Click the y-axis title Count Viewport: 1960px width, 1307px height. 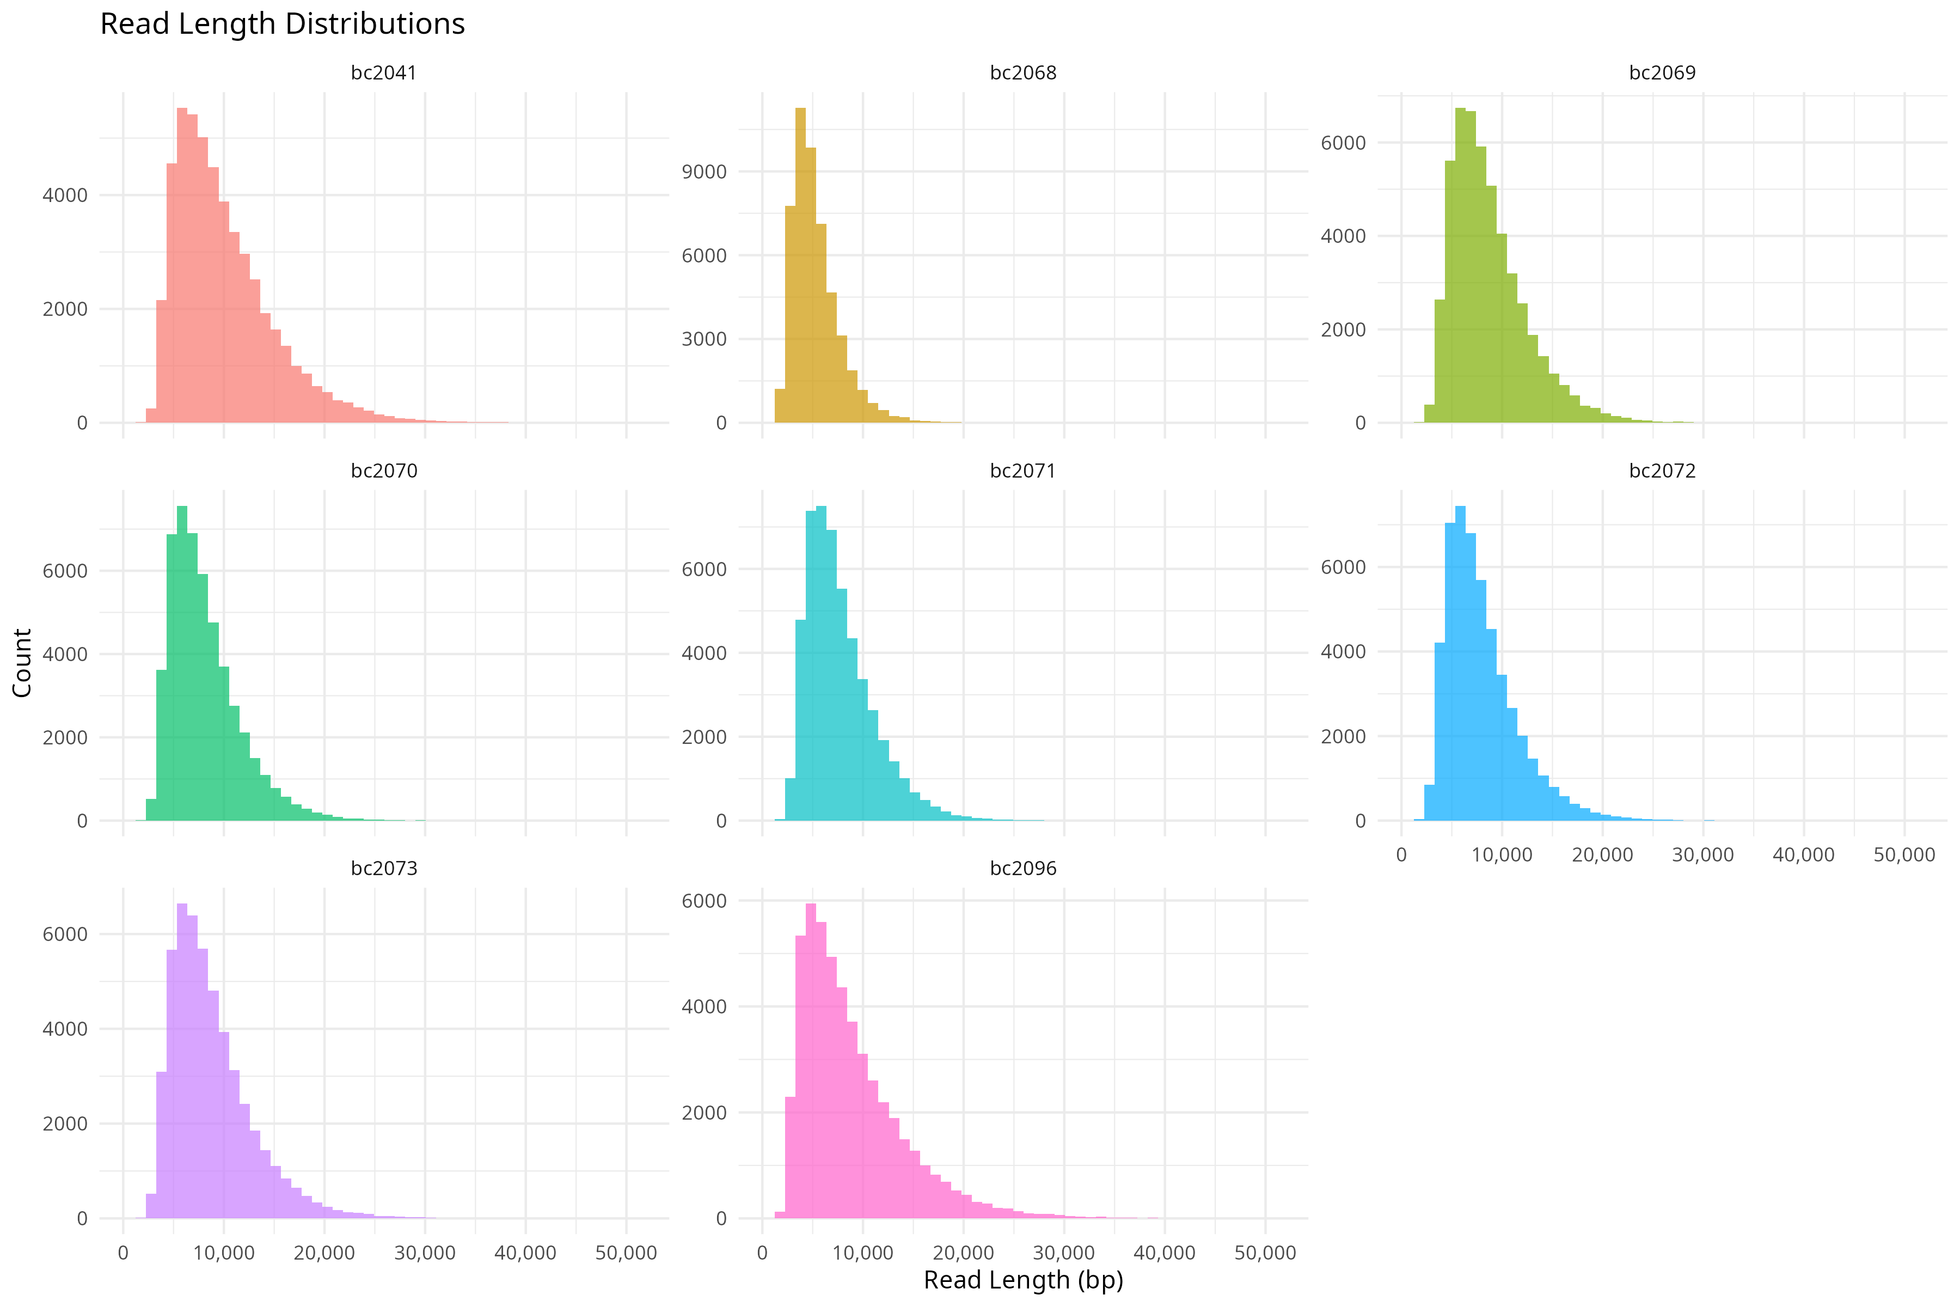[x=22, y=663]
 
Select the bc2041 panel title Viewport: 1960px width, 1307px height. [x=383, y=72]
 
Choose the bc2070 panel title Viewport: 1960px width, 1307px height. [x=383, y=471]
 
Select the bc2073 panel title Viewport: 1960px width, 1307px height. [x=383, y=869]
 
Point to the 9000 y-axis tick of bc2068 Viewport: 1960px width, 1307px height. [x=704, y=172]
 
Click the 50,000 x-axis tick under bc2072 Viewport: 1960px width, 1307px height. [x=1904, y=854]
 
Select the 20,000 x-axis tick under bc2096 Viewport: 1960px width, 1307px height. [x=963, y=1253]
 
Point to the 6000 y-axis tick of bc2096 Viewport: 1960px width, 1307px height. [x=704, y=901]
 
